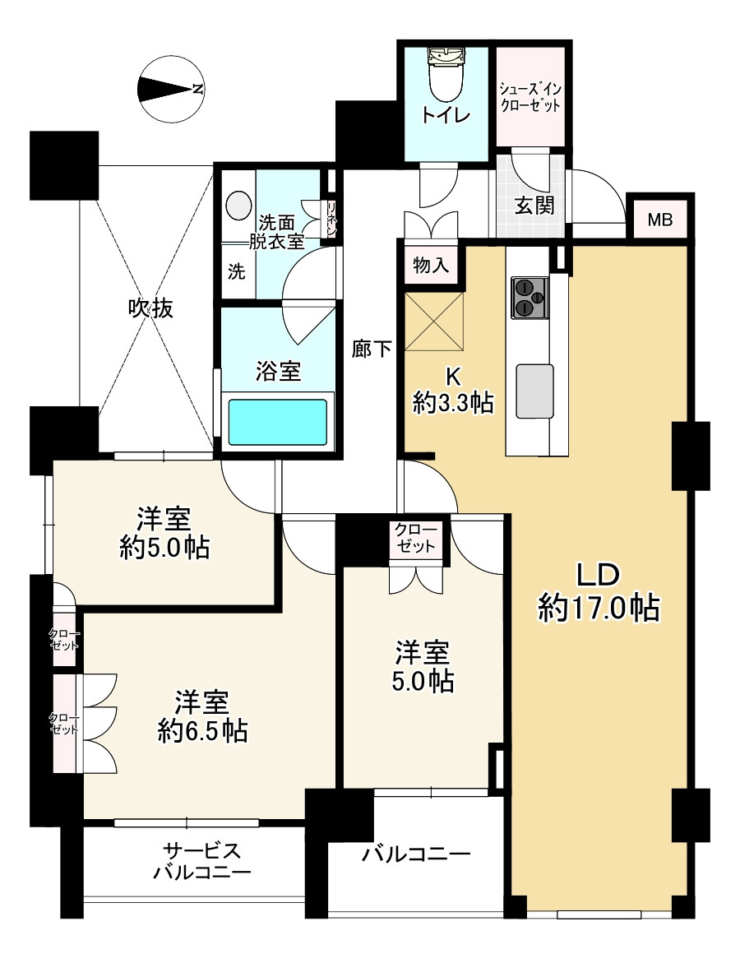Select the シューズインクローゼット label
point(530,97)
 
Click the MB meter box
point(660,220)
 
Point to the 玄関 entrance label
point(534,205)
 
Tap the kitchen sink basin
point(534,391)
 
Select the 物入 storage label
point(431,266)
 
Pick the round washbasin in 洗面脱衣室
point(238,205)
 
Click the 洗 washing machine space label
point(237,272)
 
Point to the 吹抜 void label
point(150,308)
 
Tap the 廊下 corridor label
point(372,349)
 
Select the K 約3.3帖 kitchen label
point(453,389)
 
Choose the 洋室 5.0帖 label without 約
point(423,666)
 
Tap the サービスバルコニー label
point(202,861)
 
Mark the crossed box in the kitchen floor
point(434,322)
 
